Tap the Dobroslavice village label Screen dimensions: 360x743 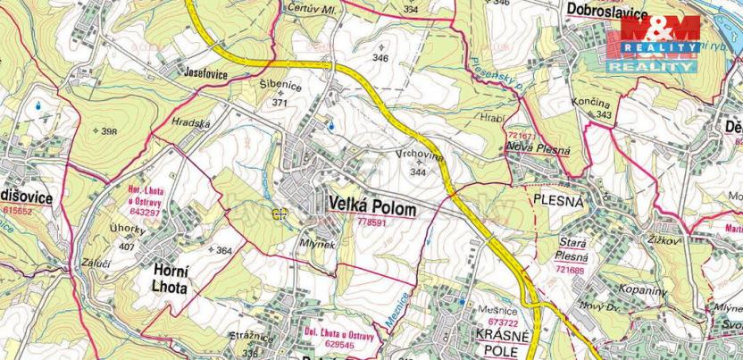[604, 9]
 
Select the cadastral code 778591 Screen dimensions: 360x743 [373, 222]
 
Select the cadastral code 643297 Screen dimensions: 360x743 [146, 213]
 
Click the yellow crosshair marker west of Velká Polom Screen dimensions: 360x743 [280, 213]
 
